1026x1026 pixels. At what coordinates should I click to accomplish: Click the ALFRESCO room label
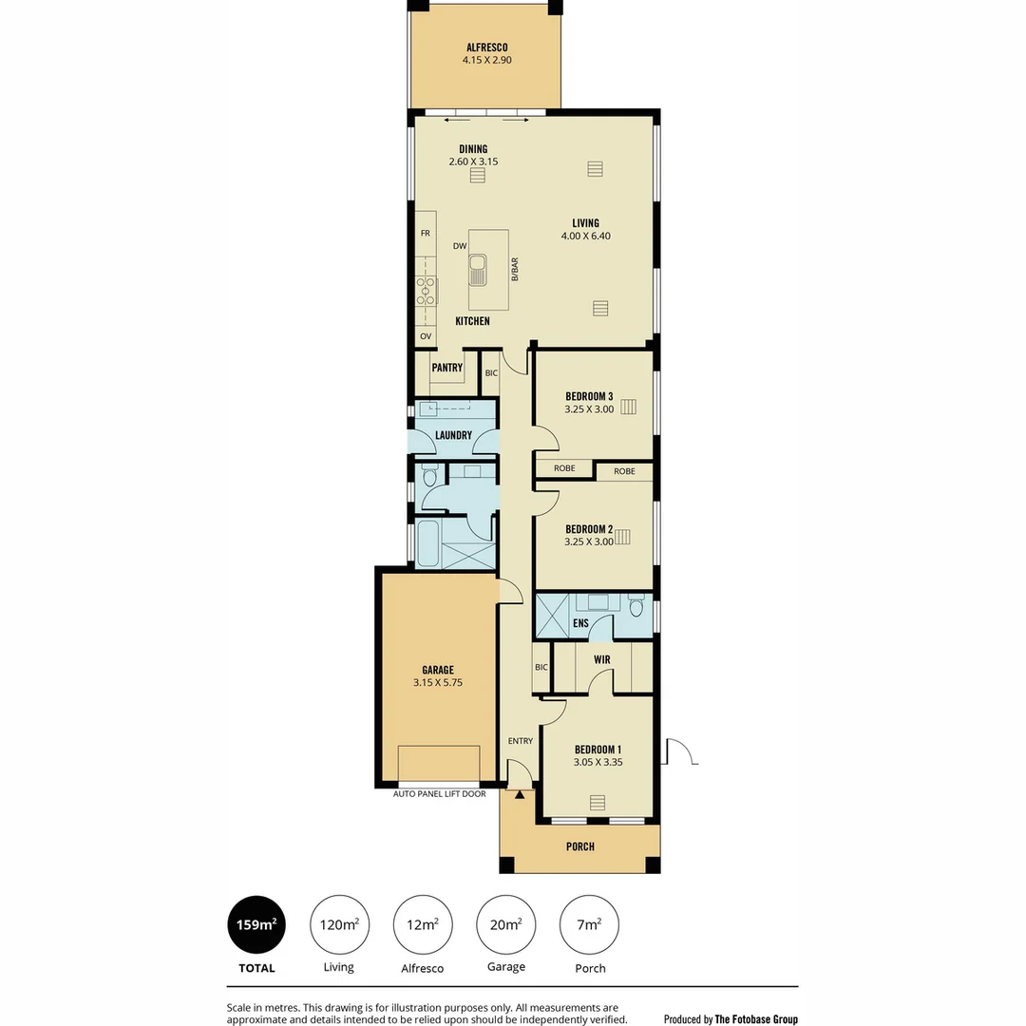(486, 47)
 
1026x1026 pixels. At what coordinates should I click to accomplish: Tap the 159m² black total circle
(256, 924)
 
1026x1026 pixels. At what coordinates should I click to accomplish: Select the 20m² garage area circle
(505, 924)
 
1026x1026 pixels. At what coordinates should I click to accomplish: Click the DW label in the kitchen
(459, 246)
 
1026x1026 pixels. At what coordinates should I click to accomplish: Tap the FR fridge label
(425, 233)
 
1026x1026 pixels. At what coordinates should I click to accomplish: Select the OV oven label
(425, 336)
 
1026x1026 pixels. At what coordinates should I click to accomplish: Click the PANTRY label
(446, 368)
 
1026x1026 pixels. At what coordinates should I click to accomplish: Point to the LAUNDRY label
(453, 435)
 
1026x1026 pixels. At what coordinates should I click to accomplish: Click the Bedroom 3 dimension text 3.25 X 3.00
(589, 409)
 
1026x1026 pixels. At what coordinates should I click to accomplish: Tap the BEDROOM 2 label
(589, 529)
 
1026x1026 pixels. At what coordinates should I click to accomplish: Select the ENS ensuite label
(579, 624)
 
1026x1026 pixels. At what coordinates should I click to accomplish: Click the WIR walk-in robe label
(601, 659)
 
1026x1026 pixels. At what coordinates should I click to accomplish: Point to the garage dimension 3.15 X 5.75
(437, 682)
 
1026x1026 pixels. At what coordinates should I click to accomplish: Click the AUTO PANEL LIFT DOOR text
(439, 794)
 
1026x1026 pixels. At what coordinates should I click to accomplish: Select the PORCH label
(579, 846)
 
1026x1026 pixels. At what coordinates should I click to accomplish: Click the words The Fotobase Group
(756, 1019)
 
